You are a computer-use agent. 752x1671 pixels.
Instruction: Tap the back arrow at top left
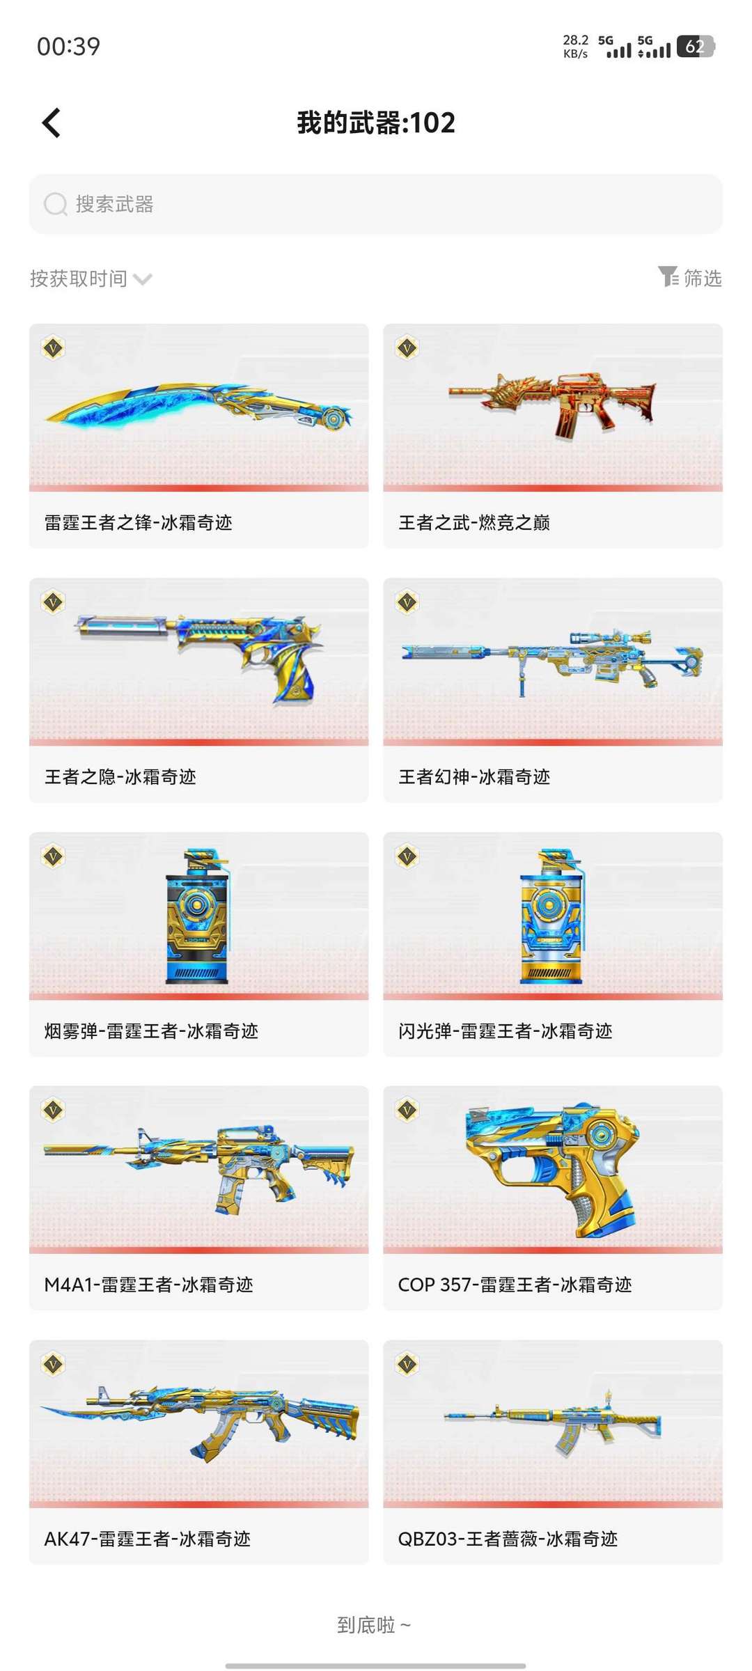52,123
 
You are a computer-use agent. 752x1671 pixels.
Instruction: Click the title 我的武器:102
376,123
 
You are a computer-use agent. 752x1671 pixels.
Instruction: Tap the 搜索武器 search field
376,204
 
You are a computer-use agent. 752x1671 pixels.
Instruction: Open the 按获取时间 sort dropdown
91,279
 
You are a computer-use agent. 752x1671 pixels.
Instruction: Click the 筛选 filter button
690,278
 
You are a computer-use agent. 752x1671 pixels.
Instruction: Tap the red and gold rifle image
553,406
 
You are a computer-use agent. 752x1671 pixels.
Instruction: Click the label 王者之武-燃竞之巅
474,522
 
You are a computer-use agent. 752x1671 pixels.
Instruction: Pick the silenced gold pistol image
199,657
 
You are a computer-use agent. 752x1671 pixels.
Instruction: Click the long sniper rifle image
553,659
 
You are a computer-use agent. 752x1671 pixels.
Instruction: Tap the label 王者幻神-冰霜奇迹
474,776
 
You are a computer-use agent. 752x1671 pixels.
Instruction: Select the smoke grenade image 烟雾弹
198,916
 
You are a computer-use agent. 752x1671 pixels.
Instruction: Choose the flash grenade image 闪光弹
551,916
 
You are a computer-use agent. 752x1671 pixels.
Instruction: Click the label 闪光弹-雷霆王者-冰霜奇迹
505,1030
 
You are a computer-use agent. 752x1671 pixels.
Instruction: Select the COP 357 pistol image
553,1170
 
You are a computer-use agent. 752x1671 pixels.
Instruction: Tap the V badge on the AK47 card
54,1364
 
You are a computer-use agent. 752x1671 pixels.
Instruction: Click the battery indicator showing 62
695,47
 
